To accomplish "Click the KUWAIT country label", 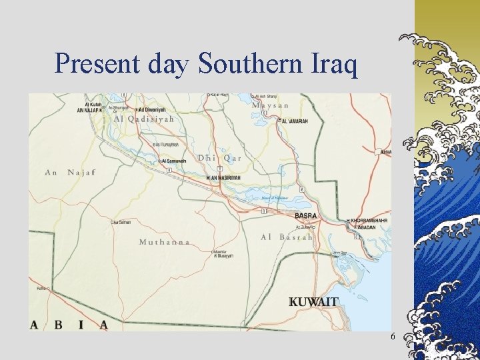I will (x=313, y=302).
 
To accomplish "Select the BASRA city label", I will (x=306, y=216).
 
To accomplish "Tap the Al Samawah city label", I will (x=175, y=161).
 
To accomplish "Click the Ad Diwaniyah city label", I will (x=152, y=109).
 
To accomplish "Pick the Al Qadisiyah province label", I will (x=143, y=119).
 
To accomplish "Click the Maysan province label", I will (x=271, y=105).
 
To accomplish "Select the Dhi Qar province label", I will (x=219, y=158).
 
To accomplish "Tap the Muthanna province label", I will (x=164, y=242).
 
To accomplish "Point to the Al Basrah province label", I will (x=286, y=237).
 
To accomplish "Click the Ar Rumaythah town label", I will (x=167, y=144).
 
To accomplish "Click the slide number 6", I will (x=393, y=336).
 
